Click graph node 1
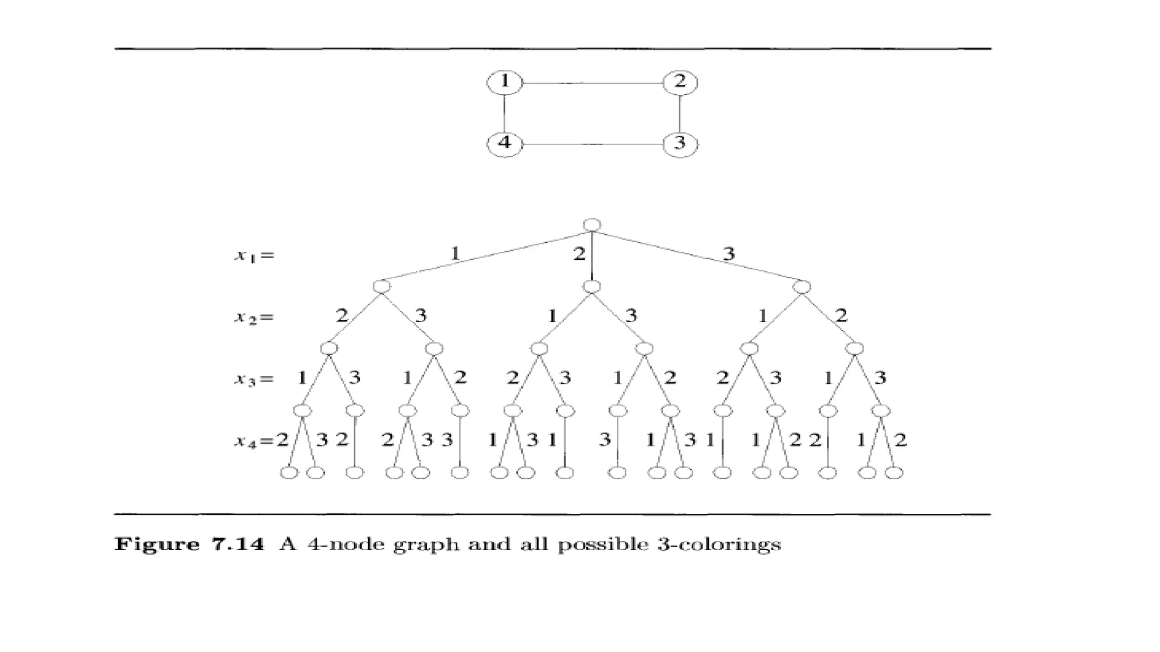(x=504, y=83)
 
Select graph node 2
(x=680, y=83)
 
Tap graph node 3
(x=680, y=144)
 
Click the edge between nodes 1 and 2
(x=592, y=83)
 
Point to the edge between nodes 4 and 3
(x=592, y=144)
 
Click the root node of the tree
(x=592, y=225)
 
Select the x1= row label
(x=254, y=256)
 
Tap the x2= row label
(x=254, y=318)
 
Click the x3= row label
(x=254, y=379)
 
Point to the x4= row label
(x=254, y=441)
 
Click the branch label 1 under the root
(x=455, y=254)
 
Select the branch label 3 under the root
(x=729, y=254)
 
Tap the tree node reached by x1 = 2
(x=592, y=287)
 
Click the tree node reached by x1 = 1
(x=382, y=287)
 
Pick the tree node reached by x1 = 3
(x=801, y=287)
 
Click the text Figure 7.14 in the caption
(x=189, y=544)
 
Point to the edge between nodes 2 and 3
(x=680, y=113)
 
